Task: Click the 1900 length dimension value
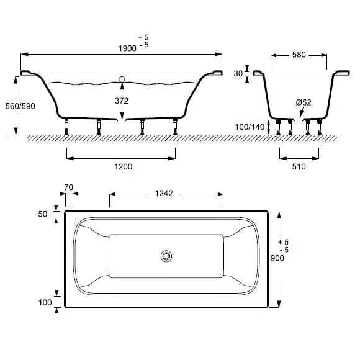point(127,48)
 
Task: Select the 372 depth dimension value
point(122,101)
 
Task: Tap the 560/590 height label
point(20,106)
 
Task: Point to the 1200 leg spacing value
point(124,166)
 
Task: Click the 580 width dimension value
point(299,55)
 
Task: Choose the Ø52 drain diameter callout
point(304,102)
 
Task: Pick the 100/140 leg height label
point(250,127)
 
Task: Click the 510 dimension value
point(299,166)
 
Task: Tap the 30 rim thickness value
point(238,74)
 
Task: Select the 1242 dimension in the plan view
point(164,194)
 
